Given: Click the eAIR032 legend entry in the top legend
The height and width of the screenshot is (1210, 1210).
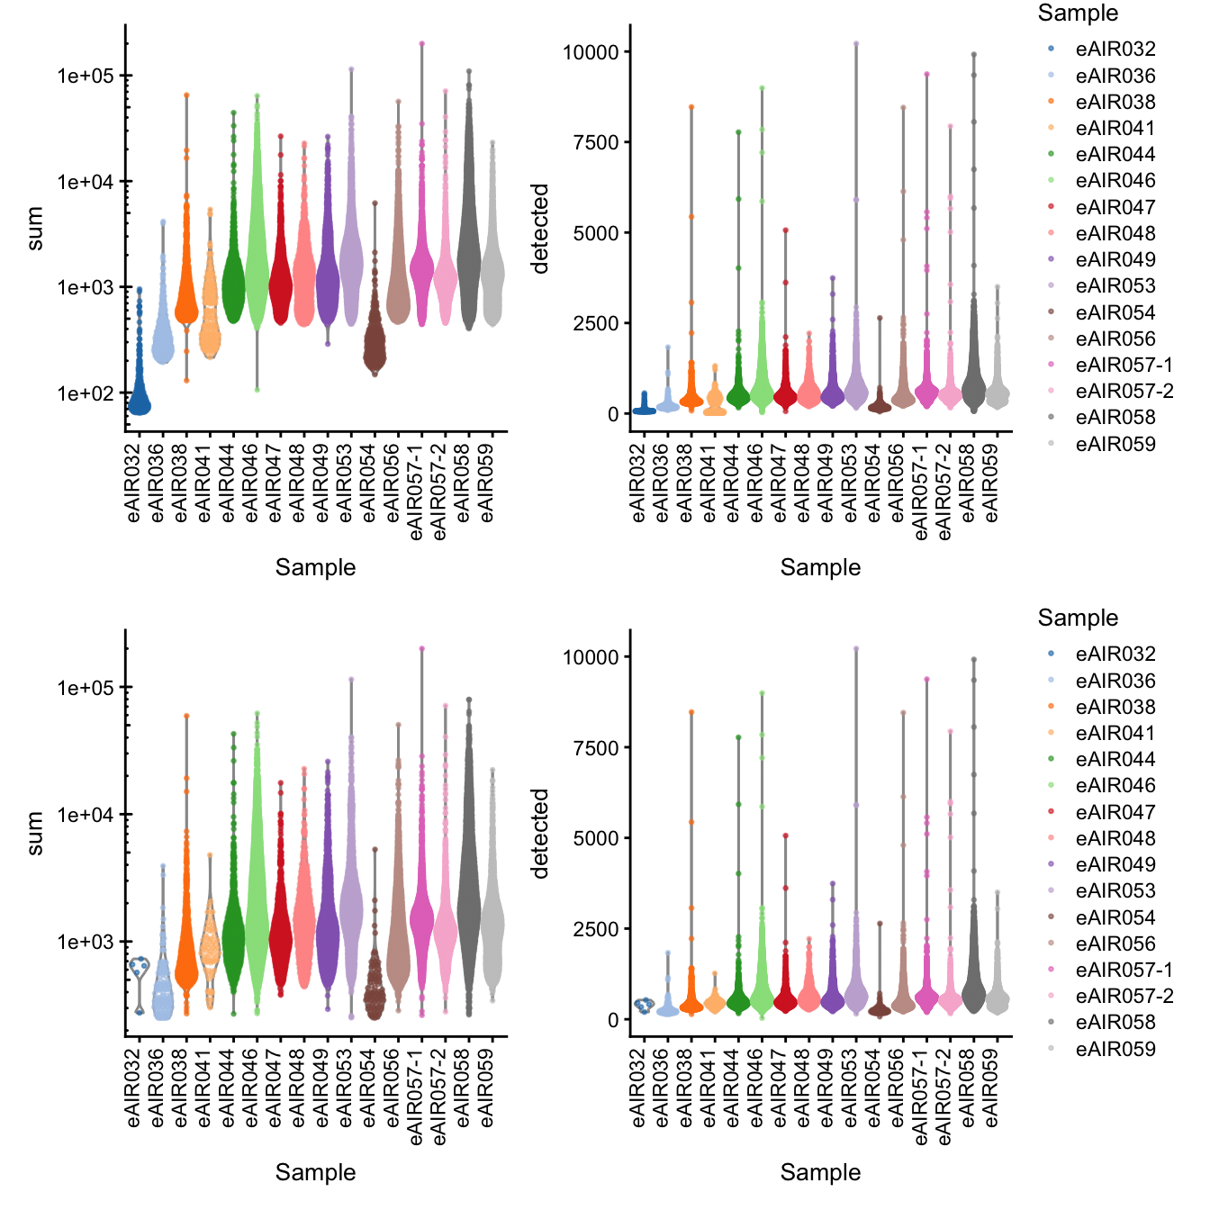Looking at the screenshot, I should (x=1114, y=50).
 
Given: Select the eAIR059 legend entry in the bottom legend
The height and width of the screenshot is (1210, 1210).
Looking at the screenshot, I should (x=1114, y=1049).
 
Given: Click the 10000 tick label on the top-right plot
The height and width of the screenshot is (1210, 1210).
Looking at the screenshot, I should (x=591, y=52).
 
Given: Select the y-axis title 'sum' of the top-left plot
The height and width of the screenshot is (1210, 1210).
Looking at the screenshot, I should (x=35, y=229).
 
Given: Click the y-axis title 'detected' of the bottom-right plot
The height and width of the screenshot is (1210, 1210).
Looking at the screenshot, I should (x=540, y=834).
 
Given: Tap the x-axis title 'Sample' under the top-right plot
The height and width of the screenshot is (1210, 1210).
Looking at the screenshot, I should (x=820, y=567).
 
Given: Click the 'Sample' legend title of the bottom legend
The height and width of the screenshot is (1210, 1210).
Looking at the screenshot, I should (x=1078, y=618).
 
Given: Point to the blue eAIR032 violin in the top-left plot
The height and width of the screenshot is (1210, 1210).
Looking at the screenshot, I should (x=140, y=396).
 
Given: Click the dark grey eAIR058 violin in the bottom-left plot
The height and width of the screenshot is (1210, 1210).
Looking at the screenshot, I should (x=468, y=900).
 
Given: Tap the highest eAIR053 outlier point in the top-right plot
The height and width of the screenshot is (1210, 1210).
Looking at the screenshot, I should (x=856, y=43).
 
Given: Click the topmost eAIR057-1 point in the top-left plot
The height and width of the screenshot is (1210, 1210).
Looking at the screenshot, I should (x=421, y=43).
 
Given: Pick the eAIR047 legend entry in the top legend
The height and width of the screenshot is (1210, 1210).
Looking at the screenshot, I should (x=1114, y=207).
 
